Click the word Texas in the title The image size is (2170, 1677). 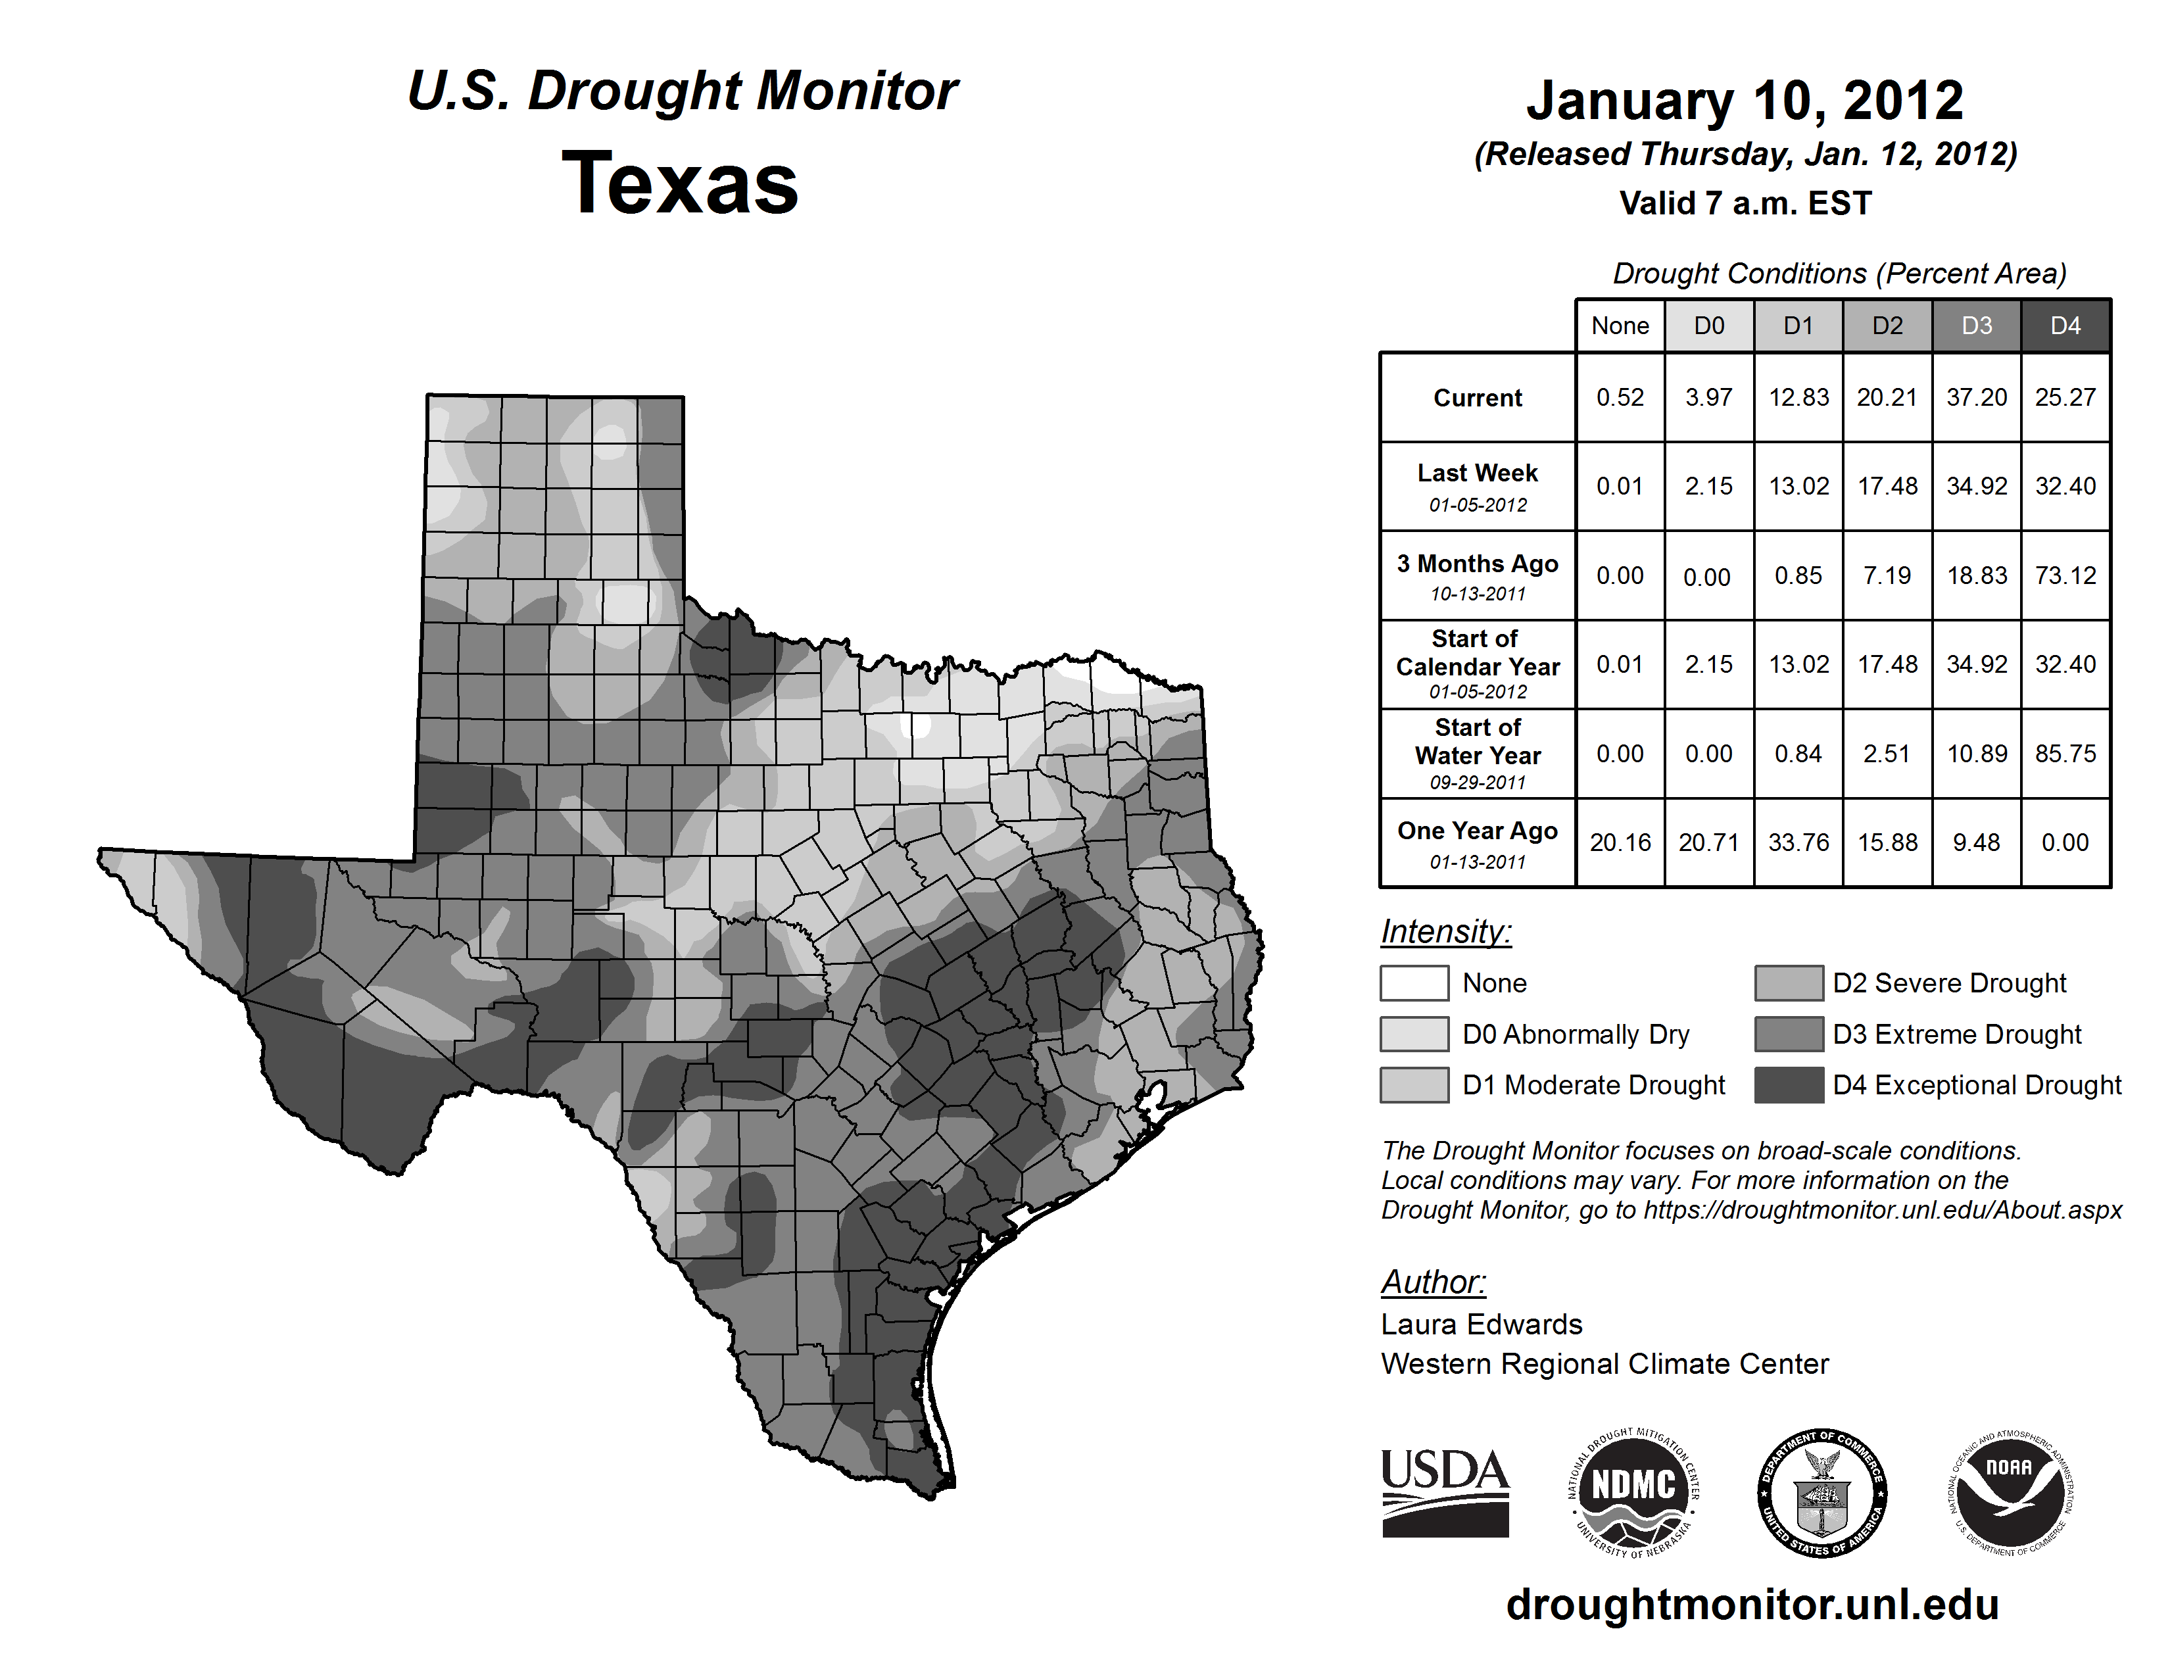coord(680,183)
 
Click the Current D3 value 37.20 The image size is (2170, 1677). coord(1976,397)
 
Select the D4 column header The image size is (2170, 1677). coord(2065,326)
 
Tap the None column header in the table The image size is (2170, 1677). coord(1620,326)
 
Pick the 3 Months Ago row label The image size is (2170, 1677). coord(1478,575)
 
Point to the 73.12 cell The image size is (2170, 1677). coord(2065,575)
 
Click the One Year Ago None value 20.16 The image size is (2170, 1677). coord(1620,842)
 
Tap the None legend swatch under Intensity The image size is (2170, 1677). coord(1414,983)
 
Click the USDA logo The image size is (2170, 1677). coord(1445,1492)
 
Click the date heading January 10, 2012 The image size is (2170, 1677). coord(1745,101)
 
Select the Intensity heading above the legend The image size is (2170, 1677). coord(1445,932)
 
